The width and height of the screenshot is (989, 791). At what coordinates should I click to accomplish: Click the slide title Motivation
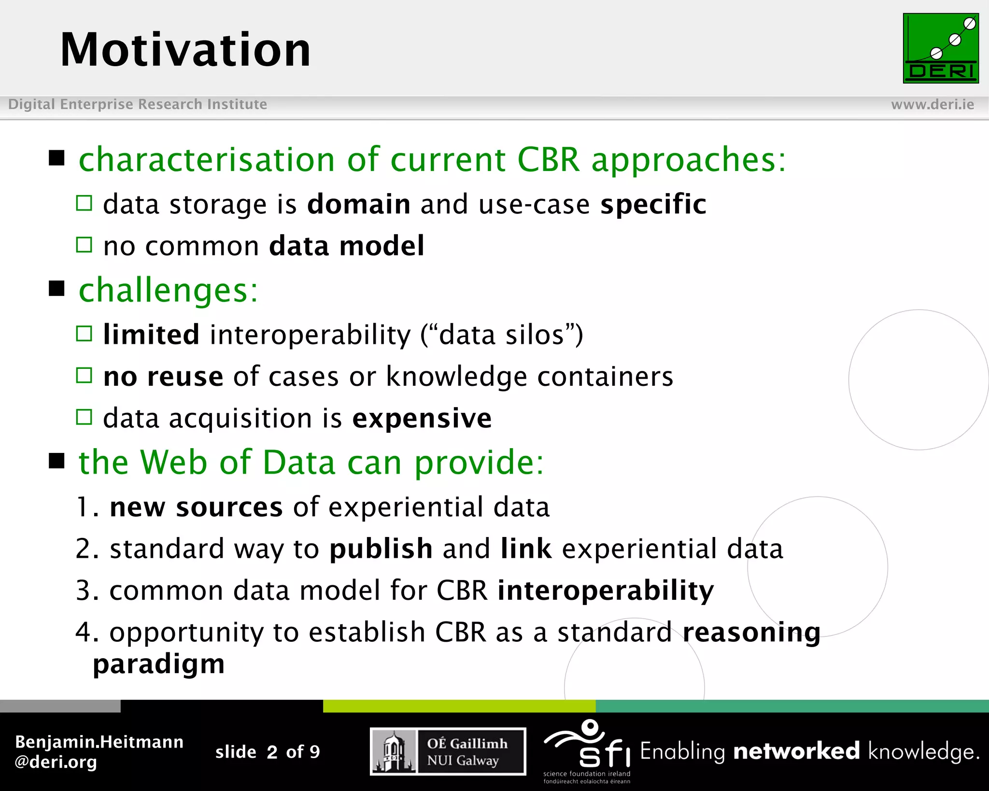click(x=185, y=50)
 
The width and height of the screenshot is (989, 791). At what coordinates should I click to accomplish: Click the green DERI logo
click(x=940, y=48)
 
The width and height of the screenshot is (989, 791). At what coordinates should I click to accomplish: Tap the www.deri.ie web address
click(x=932, y=104)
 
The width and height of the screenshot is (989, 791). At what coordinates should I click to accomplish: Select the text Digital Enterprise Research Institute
click(x=138, y=104)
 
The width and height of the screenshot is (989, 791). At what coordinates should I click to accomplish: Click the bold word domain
click(x=359, y=204)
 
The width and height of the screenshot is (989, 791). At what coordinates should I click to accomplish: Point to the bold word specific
click(x=653, y=204)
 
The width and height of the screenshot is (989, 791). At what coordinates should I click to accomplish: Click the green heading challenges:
click(x=169, y=290)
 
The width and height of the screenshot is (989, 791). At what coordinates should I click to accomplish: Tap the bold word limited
click(x=151, y=334)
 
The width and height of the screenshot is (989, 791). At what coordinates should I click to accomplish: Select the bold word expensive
click(x=422, y=418)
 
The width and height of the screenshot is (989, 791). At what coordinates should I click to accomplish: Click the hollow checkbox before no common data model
click(x=84, y=245)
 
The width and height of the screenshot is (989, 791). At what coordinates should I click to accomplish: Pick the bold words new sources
click(x=196, y=507)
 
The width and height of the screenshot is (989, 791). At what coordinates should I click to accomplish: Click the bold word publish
click(x=381, y=549)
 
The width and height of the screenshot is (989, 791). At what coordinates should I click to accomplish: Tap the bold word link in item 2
click(x=526, y=549)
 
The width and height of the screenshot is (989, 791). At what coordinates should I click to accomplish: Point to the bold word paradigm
click(x=159, y=664)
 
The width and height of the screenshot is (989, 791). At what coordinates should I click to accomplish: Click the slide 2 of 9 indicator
click(x=268, y=752)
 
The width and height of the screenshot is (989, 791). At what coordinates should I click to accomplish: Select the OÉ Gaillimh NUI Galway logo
click(x=448, y=751)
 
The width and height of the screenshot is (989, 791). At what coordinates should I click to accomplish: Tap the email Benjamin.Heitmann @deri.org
click(x=99, y=751)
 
